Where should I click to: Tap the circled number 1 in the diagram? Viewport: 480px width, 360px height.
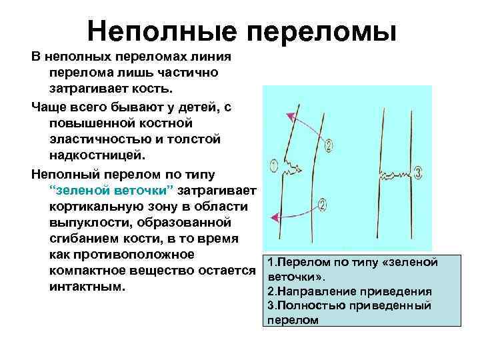(x=275, y=165)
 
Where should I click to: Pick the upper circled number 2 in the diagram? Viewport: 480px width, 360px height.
(x=331, y=146)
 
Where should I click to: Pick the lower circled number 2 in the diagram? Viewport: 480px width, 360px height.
(x=323, y=207)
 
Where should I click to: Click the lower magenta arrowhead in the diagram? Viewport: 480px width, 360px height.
(x=273, y=215)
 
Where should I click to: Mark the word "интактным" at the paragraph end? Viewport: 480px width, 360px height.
(x=86, y=287)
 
